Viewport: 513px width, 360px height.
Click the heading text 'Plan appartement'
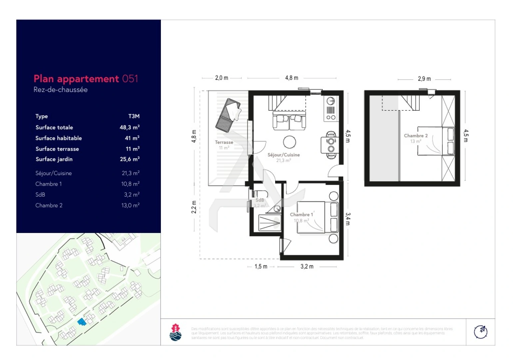coord(76,79)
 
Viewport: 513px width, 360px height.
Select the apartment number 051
coord(130,79)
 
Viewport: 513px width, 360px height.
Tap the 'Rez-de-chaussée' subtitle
coord(60,90)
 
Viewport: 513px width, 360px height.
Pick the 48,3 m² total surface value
coord(129,127)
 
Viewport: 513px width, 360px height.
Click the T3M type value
coord(134,116)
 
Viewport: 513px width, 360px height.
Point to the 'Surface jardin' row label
coord(54,159)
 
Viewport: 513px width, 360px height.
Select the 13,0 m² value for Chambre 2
coord(130,205)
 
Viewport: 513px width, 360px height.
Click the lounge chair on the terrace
coord(228,115)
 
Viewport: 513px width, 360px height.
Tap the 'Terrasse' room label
coord(224,142)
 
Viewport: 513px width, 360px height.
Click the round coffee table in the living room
coord(289,142)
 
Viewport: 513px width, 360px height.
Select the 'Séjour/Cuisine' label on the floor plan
coord(283,155)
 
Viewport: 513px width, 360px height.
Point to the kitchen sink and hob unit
coord(330,109)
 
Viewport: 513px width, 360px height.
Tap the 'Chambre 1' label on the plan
coord(301,215)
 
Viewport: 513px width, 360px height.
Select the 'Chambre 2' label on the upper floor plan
coord(415,136)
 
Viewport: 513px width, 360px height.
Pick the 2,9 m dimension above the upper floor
coord(424,79)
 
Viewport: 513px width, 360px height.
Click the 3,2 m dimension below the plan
coord(307,267)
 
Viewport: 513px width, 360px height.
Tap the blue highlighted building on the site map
coord(82,322)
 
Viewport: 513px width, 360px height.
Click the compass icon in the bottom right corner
coord(480,332)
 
